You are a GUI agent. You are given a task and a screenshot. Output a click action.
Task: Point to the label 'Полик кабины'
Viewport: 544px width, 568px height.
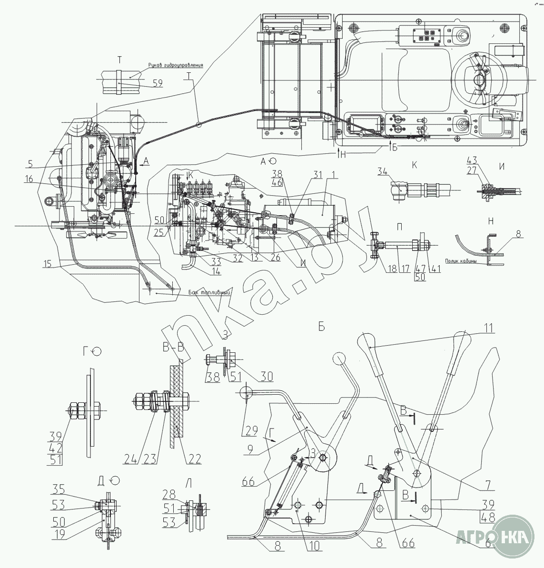462,260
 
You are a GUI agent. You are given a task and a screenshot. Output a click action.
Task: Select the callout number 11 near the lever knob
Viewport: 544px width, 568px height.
489,328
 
